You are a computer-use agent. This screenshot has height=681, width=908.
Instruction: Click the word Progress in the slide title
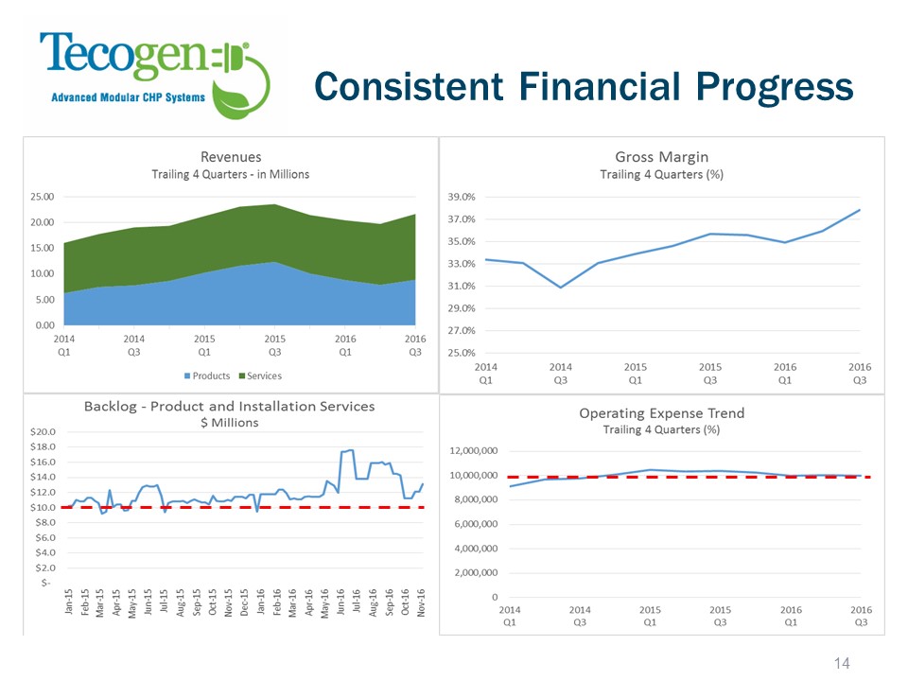(775, 87)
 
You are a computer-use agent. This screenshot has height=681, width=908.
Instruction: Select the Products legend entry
(207, 375)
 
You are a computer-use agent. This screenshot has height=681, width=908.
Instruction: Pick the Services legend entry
(261, 375)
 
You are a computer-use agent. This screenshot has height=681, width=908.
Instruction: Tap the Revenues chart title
(231, 157)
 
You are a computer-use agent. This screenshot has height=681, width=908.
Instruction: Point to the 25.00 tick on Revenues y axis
(43, 197)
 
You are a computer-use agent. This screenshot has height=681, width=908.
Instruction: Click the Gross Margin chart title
(661, 157)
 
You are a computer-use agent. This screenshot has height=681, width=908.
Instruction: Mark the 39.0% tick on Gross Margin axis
(462, 197)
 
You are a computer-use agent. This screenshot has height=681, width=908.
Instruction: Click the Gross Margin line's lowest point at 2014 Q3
(561, 288)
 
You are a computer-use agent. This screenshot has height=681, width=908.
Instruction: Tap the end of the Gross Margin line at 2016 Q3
(860, 210)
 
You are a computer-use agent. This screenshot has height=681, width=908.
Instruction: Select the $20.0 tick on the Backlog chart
(43, 431)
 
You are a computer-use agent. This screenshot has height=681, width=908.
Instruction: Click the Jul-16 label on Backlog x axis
(357, 602)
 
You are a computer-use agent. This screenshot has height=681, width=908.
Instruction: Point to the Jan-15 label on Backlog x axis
(69, 602)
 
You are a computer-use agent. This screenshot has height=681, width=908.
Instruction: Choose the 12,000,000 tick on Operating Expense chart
(474, 450)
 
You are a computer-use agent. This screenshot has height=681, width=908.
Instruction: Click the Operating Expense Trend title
(661, 413)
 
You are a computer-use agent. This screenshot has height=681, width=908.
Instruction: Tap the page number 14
(842, 663)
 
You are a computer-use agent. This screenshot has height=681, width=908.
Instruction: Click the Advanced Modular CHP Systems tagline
(128, 97)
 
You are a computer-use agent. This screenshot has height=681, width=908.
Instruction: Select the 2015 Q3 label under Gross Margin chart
(710, 374)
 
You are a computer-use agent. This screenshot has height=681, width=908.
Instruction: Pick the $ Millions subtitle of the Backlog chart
(229, 423)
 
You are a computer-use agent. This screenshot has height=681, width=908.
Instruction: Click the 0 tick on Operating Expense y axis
(495, 597)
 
